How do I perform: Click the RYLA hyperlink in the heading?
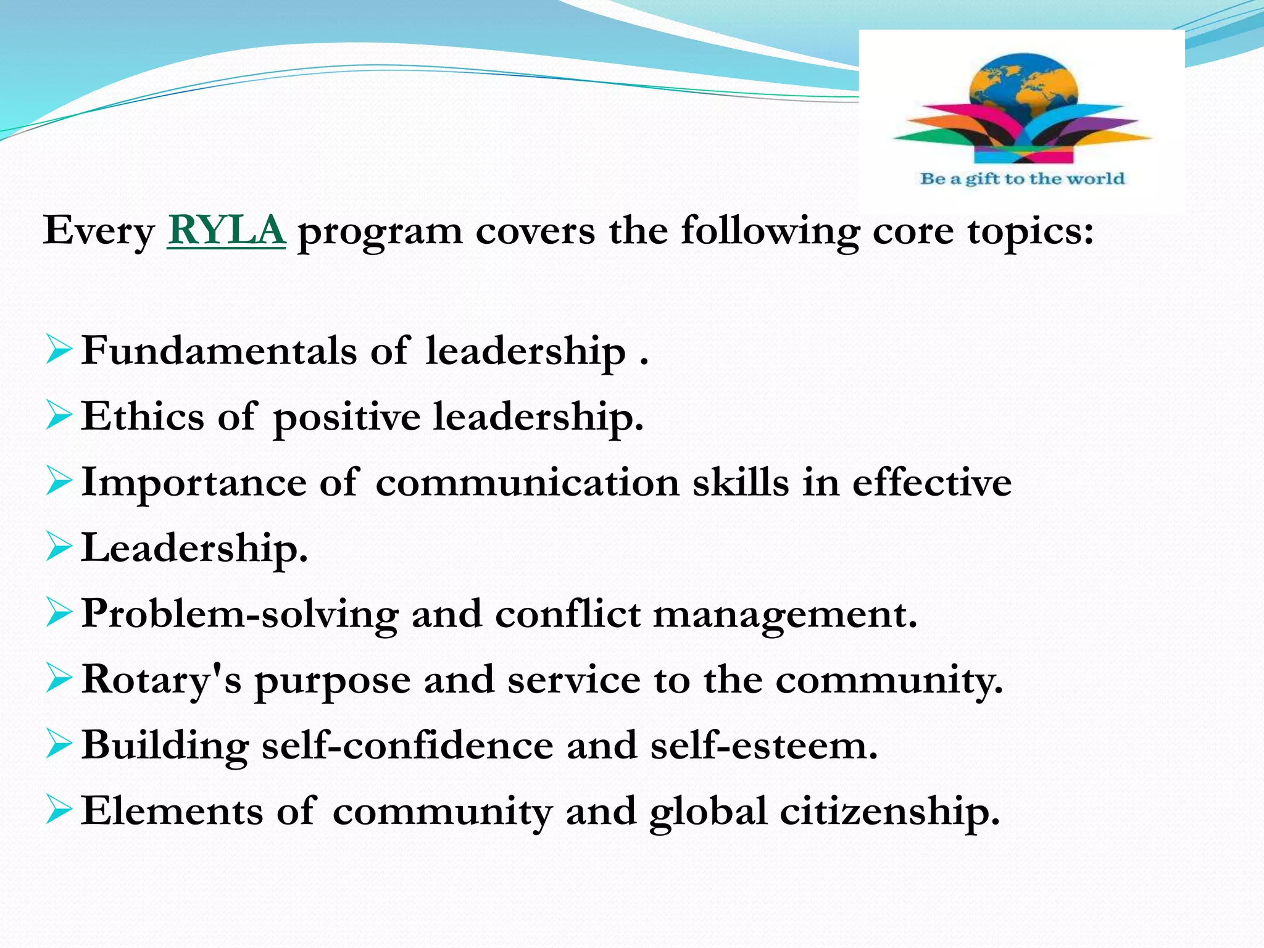pos(226,231)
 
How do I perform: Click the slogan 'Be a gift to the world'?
pos(1022,179)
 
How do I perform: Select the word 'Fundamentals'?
pos(218,351)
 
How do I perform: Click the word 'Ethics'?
pos(143,416)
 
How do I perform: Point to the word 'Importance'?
pos(193,483)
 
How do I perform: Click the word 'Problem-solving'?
pos(240,615)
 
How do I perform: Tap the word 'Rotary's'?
pos(161,680)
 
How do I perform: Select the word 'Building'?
pos(165,746)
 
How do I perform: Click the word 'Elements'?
pos(172,811)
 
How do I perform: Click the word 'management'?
pos(784,615)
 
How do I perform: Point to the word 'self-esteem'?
pos(763,746)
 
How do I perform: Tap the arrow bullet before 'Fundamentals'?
pos(59,350)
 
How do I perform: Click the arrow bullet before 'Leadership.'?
pos(59,547)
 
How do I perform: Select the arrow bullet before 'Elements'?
pos(59,810)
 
